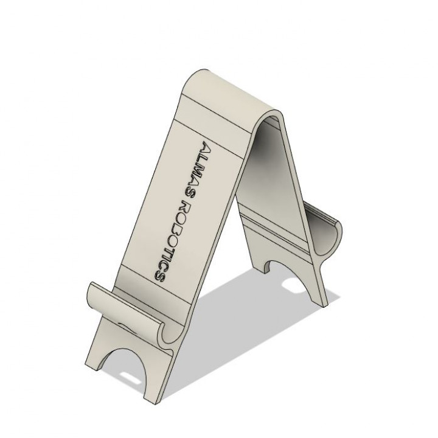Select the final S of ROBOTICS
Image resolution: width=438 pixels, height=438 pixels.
point(159,276)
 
